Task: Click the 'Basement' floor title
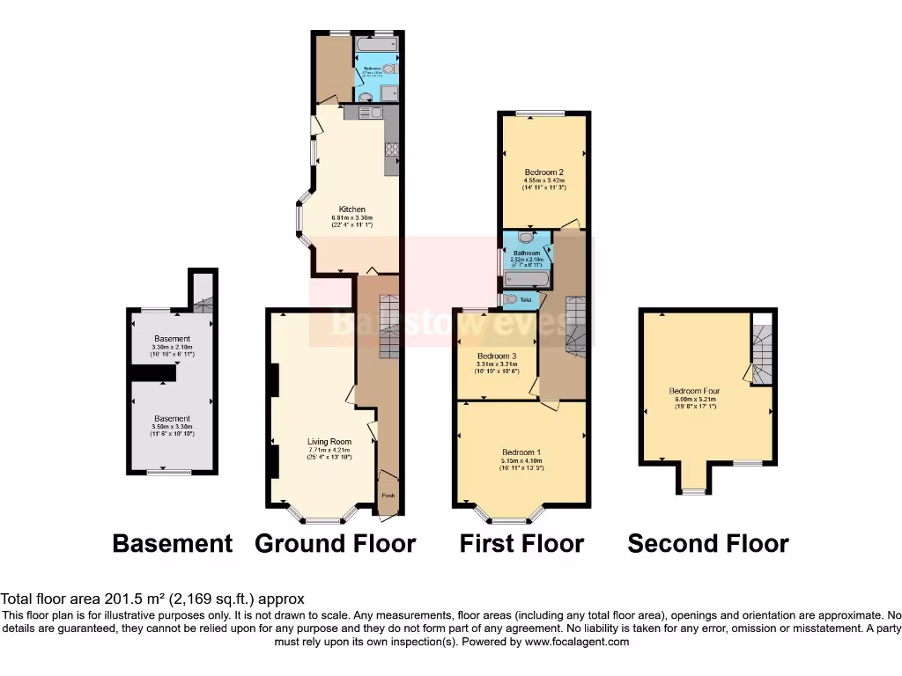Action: click(172, 544)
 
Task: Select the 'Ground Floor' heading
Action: click(335, 544)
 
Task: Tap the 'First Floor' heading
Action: click(521, 544)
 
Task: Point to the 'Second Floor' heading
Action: click(707, 544)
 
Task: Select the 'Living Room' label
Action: click(329, 442)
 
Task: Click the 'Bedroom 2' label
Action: click(543, 173)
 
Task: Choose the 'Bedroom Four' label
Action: click(694, 390)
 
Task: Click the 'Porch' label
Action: click(388, 496)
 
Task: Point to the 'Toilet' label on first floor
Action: click(527, 300)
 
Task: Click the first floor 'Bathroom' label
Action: click(527, 253)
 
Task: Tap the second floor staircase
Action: click(763, 353)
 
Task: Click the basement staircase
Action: click(203, 304)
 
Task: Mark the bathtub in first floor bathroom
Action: click(526, 280)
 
